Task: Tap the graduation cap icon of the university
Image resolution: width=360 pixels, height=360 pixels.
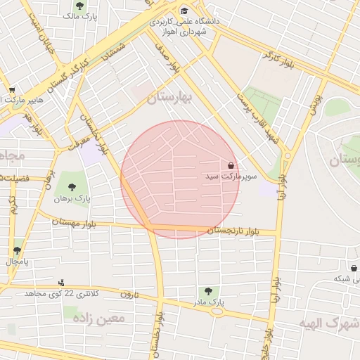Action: (184, 11)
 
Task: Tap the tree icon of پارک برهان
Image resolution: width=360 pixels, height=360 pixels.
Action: (72, 187)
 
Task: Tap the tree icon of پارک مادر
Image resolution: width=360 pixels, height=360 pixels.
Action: (207, 290)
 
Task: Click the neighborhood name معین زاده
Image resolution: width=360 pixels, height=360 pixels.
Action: (103, 319)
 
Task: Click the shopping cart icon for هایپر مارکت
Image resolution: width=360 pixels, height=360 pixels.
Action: (11, 90)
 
